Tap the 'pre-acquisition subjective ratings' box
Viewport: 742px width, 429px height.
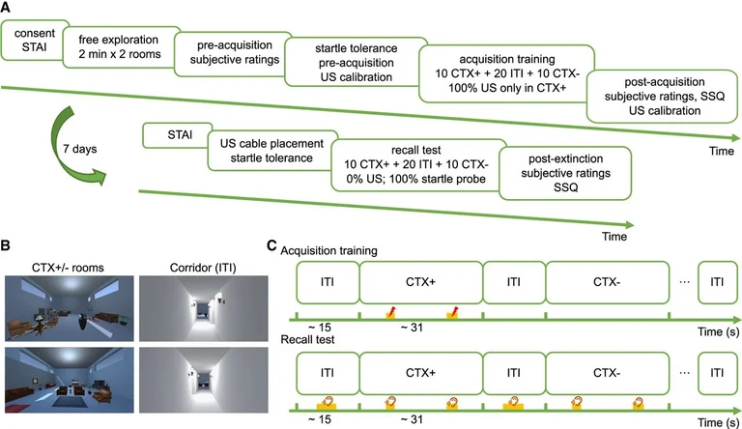click(x=227, y=57)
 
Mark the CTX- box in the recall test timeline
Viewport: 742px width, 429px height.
click(x=607, y=372)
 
